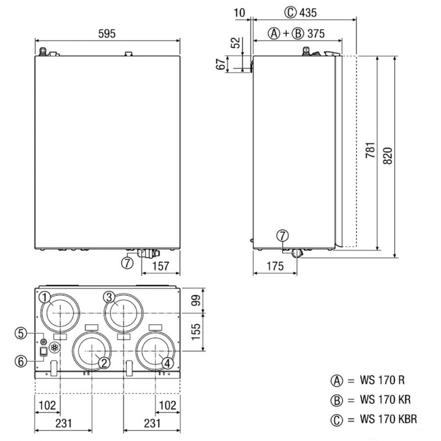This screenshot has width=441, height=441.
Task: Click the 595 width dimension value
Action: (x=107, y=34)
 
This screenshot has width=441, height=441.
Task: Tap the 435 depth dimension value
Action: (x=308, y=13)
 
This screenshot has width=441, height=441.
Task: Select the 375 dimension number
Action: (x=316, y=34)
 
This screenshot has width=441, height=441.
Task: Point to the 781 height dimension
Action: (x=370, y=150)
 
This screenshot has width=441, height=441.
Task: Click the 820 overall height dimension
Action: (x=388, y=156)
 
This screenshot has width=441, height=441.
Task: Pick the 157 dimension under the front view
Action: (x=161, y=266)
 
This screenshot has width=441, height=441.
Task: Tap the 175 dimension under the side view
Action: (x=275, y=266)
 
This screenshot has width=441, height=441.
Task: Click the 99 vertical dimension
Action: (x=196, y=300)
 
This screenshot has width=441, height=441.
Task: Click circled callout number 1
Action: (x=45, y=297)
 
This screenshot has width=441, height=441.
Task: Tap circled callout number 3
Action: (x=109, y=297)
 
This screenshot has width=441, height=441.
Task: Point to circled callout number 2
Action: (x=104, y=363)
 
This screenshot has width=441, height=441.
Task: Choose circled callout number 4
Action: (x=167, y=363)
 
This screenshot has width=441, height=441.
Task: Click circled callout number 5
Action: (x=21, y=333)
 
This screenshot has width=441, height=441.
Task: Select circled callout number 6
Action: (x=21, y=362)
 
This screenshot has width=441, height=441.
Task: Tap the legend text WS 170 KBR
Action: (x=389, y=419)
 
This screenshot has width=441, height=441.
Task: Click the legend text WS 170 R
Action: (x=382, y=380)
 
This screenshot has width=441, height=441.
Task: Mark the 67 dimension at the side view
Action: (x=222, y=64)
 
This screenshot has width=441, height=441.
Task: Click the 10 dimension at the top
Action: (x=239, y=13)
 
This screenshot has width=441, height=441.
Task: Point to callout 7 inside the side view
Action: (x=283, y=235)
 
